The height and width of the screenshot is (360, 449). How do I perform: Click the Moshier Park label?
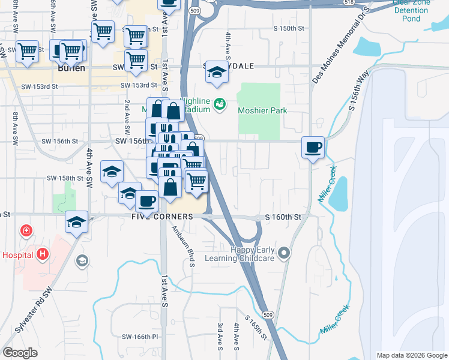[262, 110]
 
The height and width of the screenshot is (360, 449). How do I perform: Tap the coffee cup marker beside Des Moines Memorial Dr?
[313, 148]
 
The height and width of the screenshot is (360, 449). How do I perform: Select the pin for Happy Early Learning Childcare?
[285, 253]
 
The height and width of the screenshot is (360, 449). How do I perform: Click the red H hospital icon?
[43, 254]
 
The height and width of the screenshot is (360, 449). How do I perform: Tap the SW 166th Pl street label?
[137, 337]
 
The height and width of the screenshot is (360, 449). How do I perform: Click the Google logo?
[20, 353]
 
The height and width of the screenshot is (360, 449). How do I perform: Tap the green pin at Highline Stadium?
[219, 104]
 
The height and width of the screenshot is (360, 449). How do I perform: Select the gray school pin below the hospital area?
[82, 260]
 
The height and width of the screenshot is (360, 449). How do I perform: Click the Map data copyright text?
[411, 355]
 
